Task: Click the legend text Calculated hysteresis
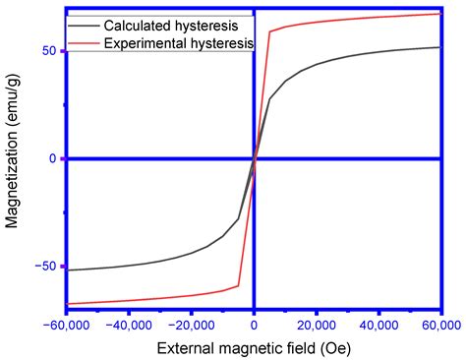(174, 24)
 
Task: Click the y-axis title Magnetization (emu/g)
(13, 157)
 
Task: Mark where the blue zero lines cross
(255, 158)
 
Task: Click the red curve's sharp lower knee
(239, 285)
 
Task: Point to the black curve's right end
(439, 47)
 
